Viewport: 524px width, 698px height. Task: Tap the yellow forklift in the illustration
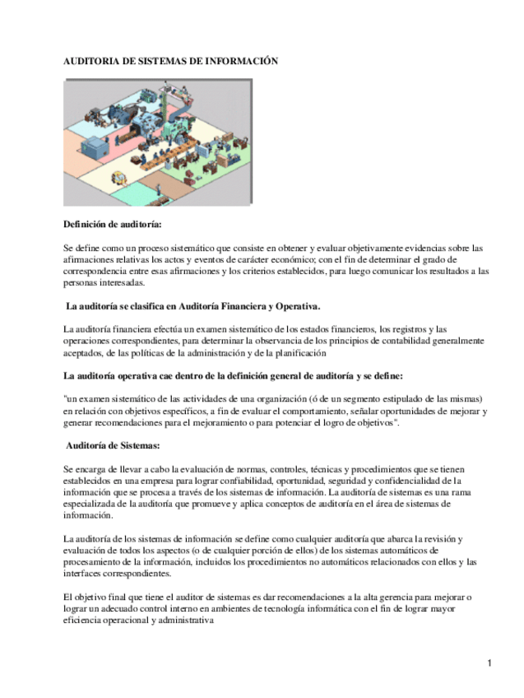click(122, 177)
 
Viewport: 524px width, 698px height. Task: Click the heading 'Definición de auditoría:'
click(113, 225)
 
